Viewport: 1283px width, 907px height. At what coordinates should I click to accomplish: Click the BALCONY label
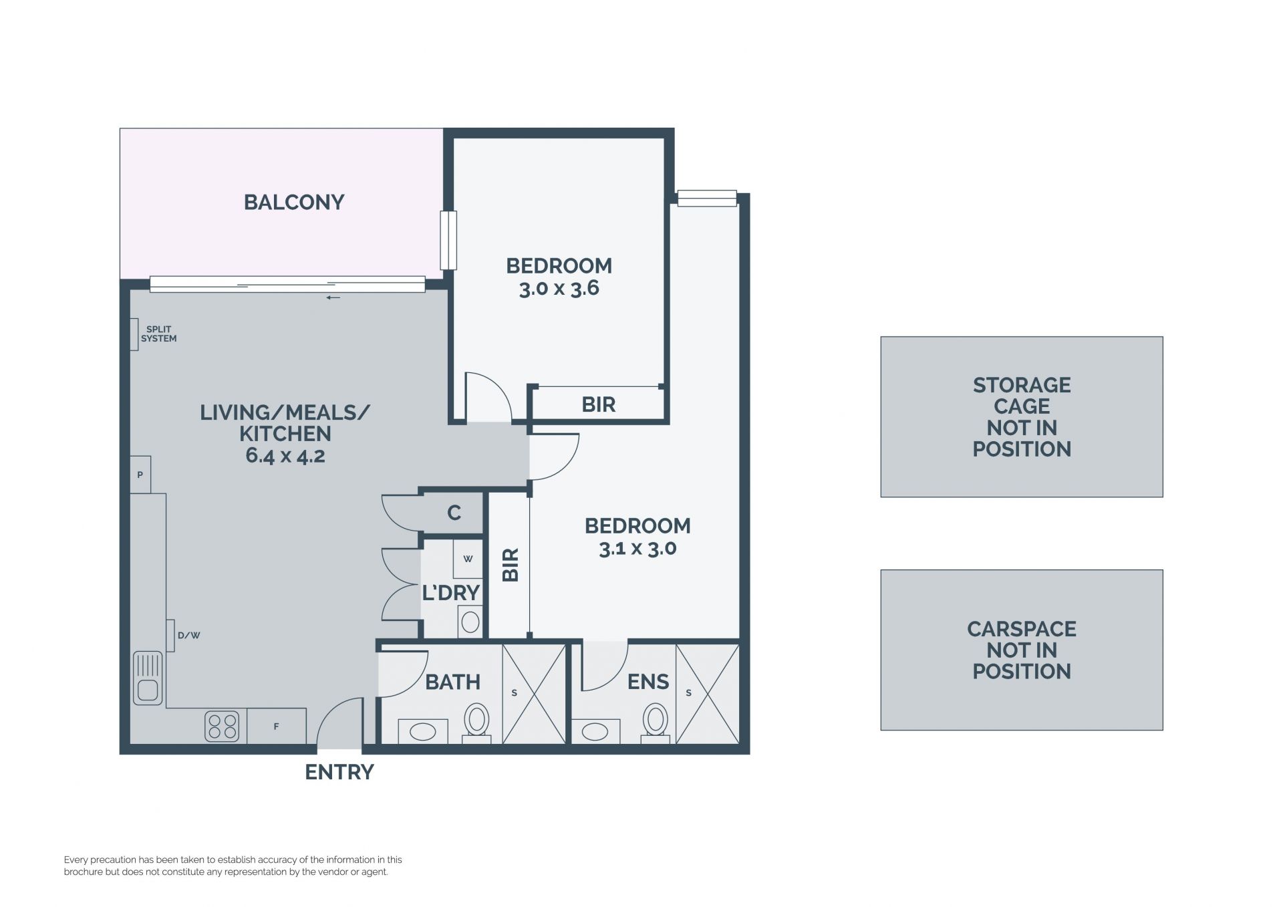(294, 202)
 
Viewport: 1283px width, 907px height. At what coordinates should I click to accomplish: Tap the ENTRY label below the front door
(339, 772)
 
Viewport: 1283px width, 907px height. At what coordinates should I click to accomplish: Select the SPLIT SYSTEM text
(159, 334)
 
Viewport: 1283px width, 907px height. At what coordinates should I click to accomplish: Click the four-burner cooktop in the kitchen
(223, 726)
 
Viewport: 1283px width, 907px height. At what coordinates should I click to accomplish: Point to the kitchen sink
(148, 678)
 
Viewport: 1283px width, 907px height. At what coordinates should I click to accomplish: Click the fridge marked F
(277, 726)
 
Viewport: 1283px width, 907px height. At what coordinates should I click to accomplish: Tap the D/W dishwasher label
(189, 635)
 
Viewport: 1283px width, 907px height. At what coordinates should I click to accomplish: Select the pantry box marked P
(140, 475)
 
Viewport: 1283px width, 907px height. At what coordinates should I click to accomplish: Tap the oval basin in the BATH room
(423, 732)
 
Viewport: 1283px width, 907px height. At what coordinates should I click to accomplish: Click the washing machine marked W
(468, 559)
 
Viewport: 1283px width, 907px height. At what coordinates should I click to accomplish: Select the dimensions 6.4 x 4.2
(285, 456)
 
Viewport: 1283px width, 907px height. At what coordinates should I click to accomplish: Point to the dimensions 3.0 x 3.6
(559, 289)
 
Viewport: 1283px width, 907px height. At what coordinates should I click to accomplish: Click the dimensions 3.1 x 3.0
(637, 549)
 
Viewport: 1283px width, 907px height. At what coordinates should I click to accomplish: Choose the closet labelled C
(454, 513)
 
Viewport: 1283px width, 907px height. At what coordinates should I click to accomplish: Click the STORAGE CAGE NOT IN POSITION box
(1022, 416)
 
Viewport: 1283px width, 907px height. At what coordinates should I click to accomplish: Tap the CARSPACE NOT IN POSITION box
(1022, 650)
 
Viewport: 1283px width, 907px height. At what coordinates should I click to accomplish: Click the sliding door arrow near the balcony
(333, 297)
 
